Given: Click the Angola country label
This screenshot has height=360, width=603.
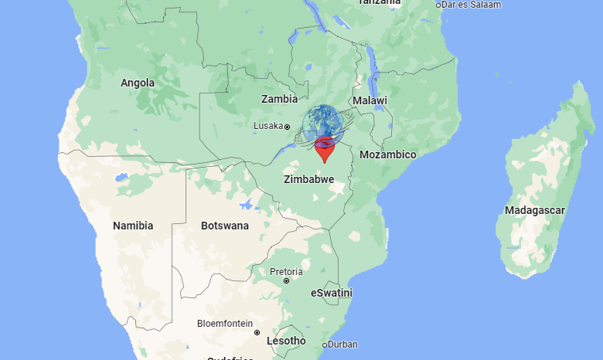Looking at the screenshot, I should pyautogui.click(x=138, y=83).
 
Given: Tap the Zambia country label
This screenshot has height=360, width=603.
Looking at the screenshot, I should pyautogui.click(x=279, y=99).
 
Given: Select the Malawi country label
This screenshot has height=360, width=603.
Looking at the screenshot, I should pyautogui.click(x=370, y=101).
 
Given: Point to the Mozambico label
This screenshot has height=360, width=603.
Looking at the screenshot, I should pyautogui.click(x=388, y=155).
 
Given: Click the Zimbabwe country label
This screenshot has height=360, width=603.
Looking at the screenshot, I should pyautogui.click(x=309, y=179).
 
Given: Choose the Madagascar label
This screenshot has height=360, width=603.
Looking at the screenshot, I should pyautogui.click(x=535, y=210).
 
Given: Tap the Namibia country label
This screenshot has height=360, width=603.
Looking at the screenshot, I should pyautogui.click(x=133, y=226).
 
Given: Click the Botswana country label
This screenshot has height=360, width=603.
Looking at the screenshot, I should pyautogui.click(x=225, y=226).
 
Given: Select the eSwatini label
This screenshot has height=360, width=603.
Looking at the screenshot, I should pyautogui.click(x=331, y=293).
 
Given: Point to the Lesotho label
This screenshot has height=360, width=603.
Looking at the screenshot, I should pyautogui.click(x=286, y=341).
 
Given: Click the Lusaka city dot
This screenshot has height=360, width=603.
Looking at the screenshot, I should pyautogui.click(x=287, y=127).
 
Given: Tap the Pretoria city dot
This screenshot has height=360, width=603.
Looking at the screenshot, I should pyautogui.click(x=286, y=281).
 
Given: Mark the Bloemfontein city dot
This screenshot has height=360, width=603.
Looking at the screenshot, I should pyautogui.click(x=257, y=333).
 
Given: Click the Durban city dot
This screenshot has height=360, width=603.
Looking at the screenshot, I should pyautogui.click(x=325, y=345).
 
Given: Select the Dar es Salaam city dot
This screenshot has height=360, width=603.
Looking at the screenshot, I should pyautogui.click(x=439, y=5).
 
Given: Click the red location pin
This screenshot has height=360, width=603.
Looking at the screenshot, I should pyautogui.click(x=325, y=148).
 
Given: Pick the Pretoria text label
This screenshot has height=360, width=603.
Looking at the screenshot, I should pyautogui.click(x=285, y=271).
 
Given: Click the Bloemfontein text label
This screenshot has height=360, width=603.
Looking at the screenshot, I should pyautogui.click(x=224, y=324).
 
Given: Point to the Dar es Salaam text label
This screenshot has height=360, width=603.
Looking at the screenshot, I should pyautogui.click(x=472, y=5).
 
